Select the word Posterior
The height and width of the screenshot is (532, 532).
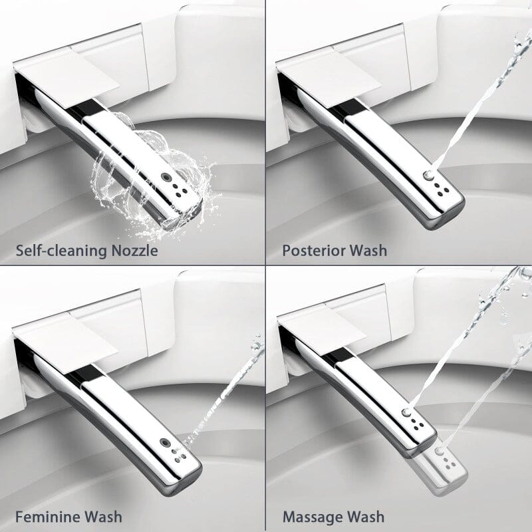315,251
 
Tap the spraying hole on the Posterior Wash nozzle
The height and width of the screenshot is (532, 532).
430,175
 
